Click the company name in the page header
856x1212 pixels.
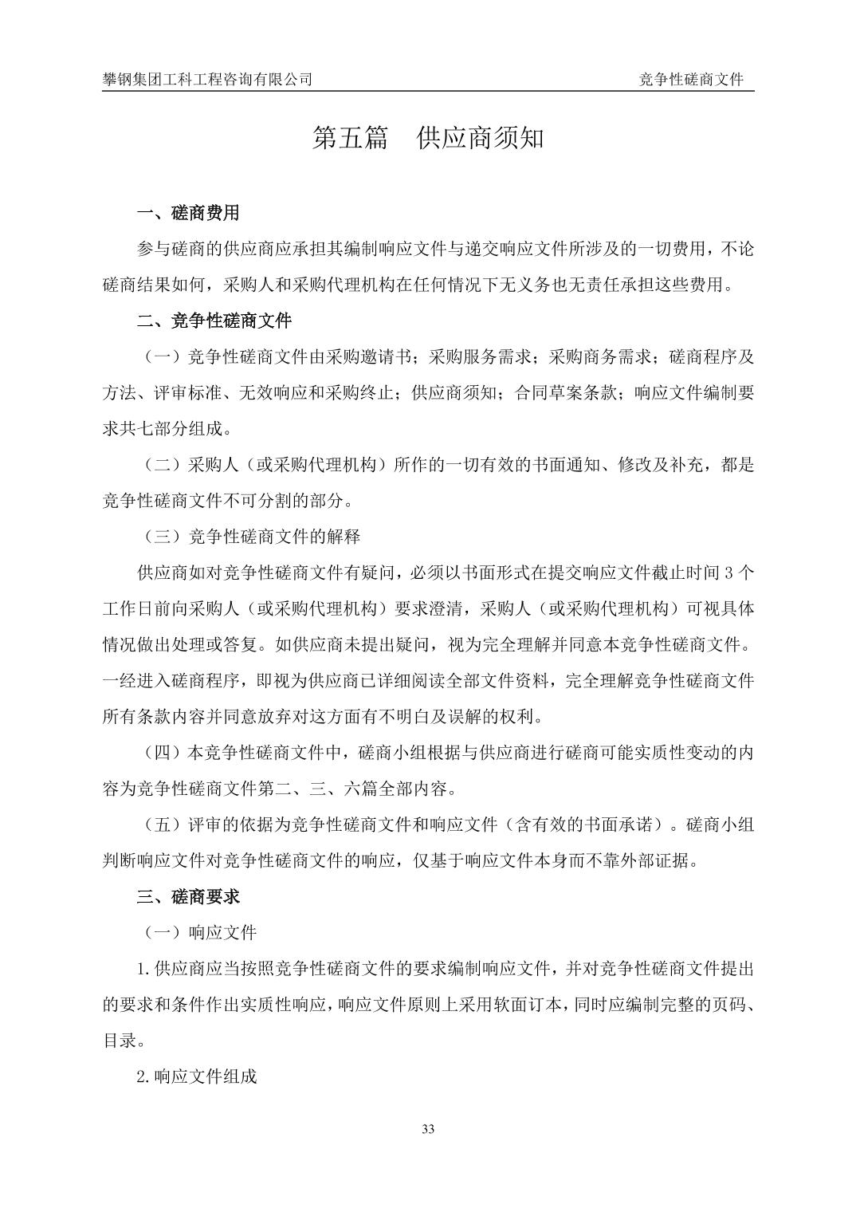(x=207, y=80)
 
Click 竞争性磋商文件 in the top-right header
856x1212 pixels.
(x=691, y=80)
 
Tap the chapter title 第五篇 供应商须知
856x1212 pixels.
(x=428, y=138)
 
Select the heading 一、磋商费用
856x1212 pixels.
(x=188, y=214)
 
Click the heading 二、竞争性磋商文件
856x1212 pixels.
(x=214, y=321)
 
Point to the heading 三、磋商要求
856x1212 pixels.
(x=188, y=897)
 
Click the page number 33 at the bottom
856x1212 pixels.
(x=428, y=1128)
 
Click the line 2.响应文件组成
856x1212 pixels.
(x=197, y=1076)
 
